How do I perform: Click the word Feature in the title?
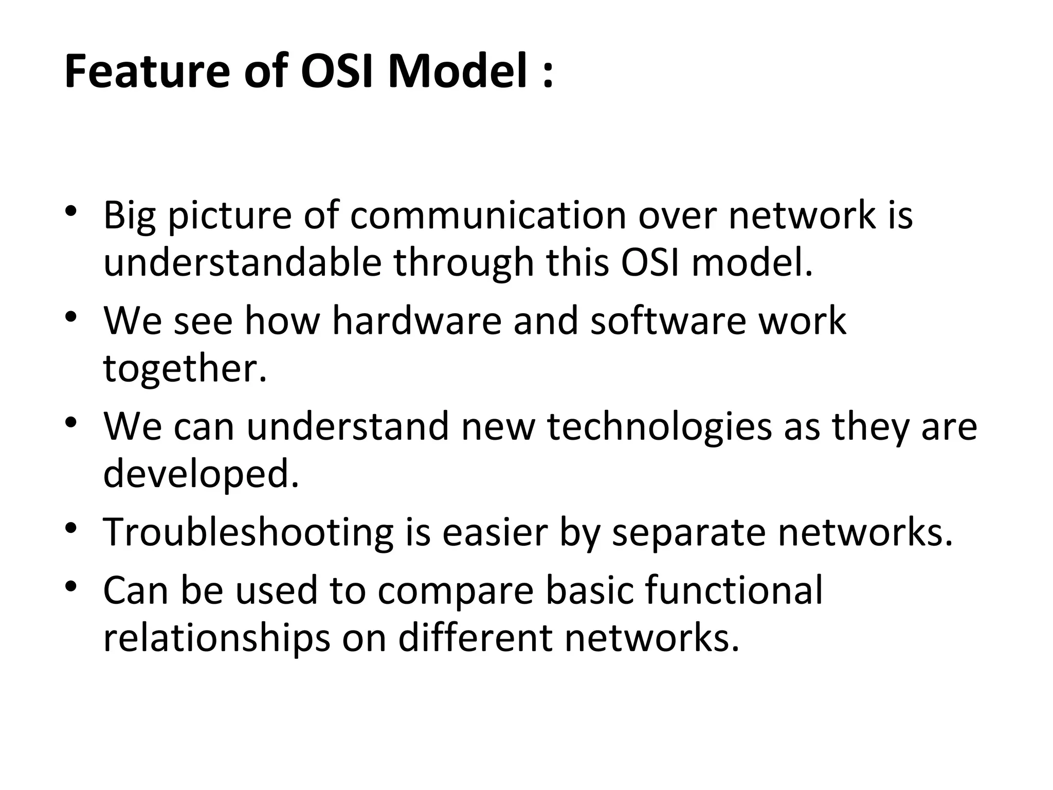coord(147,72)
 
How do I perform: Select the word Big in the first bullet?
coord(129,216)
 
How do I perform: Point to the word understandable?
coord(242,262)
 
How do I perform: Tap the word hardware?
coord(416,321)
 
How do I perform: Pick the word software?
coord(668,321)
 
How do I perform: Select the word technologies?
coord(659,427)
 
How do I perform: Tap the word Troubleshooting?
coord(248,533)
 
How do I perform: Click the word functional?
coord(734,590)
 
